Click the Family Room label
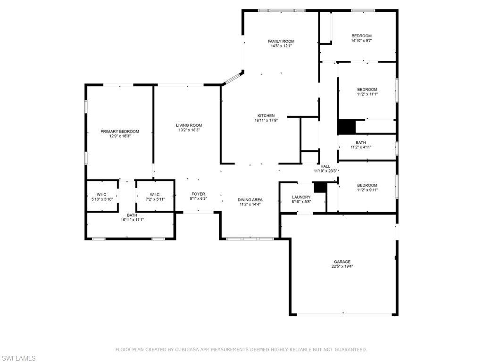pyautogui.click(x=281, y=41)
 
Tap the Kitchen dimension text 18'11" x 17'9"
pyautogui.click(x=266, y=120)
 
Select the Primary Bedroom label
pyautogui.click(x=120, y=132)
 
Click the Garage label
pyautogui.click(x=342, y=262)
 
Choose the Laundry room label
pyautogui.click(x=301, y=197)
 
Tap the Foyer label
pyautogui.click(x=198, y=194)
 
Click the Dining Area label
pyautogui.click(x=250, y=200)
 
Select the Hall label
pyautogui.click(x=325, y=166)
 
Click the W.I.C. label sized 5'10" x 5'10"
pyautogui.click(x=102, y=195)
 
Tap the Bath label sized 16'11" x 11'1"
pyautogui.click(x=132, y=215)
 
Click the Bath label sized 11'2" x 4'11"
pyautogui.click(x=361, y=142)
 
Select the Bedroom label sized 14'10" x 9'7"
pyautogui.click(x=362, y=36)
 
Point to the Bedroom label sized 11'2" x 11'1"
pyautogui.click(x=367, y=90)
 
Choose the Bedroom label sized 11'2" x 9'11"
pyautogui.click(x=367, y=185)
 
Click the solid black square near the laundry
pyautogui.click(x=320, y=187)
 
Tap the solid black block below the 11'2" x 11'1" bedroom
pyautogui.click(x=346, y=127)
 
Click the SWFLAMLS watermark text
pyautogui.click(x=18, y=359)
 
